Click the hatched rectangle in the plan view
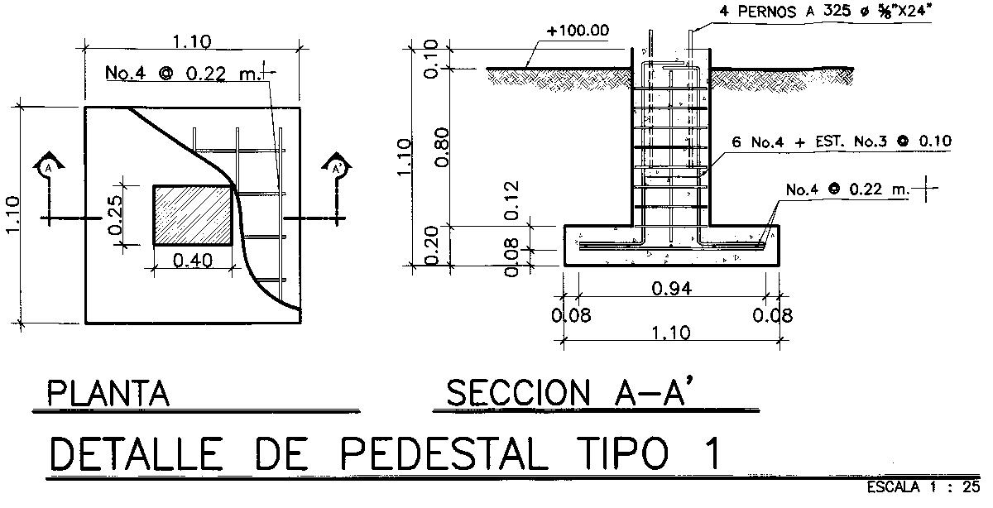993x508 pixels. [193, 215]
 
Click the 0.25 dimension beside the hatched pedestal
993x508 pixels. [114, 215]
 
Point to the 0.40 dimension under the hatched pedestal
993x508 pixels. [192, 261]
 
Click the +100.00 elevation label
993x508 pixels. [578, 31]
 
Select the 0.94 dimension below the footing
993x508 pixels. [672, 289]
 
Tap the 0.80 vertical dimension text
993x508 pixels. [442, 147]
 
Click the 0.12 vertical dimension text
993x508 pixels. [511, 200]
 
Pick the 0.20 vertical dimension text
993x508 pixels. [431, 245]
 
